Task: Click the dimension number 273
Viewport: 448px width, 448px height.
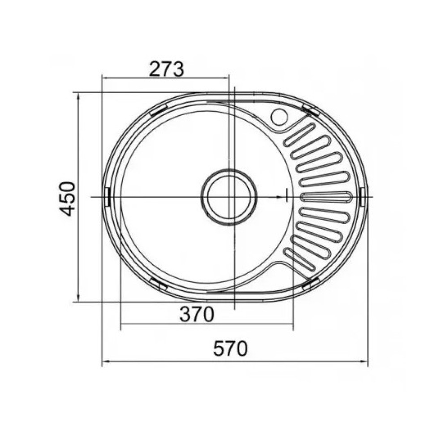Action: coord(166,69)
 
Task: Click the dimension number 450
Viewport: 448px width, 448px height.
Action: coord(68,198)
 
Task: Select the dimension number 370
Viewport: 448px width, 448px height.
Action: coord(197,314)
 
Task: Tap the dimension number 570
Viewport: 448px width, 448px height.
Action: coord(230,349)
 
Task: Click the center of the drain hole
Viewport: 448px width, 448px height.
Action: coord(229,197)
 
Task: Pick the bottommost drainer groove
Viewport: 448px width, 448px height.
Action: coord(299,259)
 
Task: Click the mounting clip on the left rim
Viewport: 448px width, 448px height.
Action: coord(108,197)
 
